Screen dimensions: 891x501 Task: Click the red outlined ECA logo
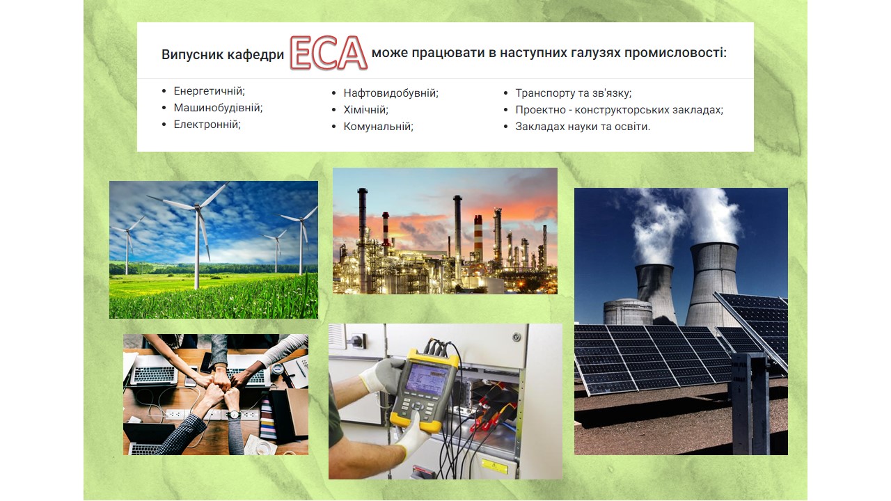[x=329, y=53]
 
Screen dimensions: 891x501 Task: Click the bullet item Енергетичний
[x=210, y=91]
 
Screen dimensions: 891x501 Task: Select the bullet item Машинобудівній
[x=218, y=108]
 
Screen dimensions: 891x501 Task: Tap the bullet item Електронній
[x=207, y=125]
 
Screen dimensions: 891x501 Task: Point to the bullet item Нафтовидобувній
[x=391, y=93]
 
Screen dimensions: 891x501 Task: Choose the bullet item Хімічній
[x=365, y=110]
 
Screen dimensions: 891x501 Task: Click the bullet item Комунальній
[x=378, y=127]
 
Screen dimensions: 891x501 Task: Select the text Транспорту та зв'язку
[x=573, y=93]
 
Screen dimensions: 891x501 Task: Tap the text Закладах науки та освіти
[x=583, y=127]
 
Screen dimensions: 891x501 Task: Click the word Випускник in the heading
[x=193, y=54]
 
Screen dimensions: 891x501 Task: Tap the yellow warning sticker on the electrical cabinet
[x=494, y=466]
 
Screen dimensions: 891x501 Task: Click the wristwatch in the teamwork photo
[x=235, y=415]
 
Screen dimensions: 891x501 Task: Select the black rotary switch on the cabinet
[x=358, y=340]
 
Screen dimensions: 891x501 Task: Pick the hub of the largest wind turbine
[x=197, y=207]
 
